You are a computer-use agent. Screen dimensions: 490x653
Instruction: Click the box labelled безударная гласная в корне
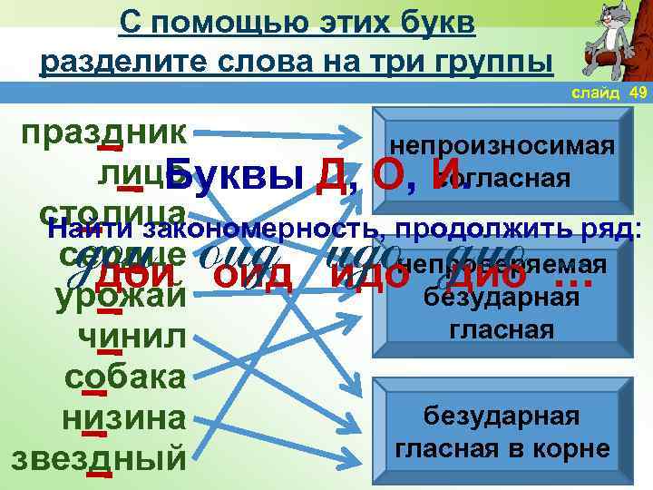(x=501, y=432)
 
